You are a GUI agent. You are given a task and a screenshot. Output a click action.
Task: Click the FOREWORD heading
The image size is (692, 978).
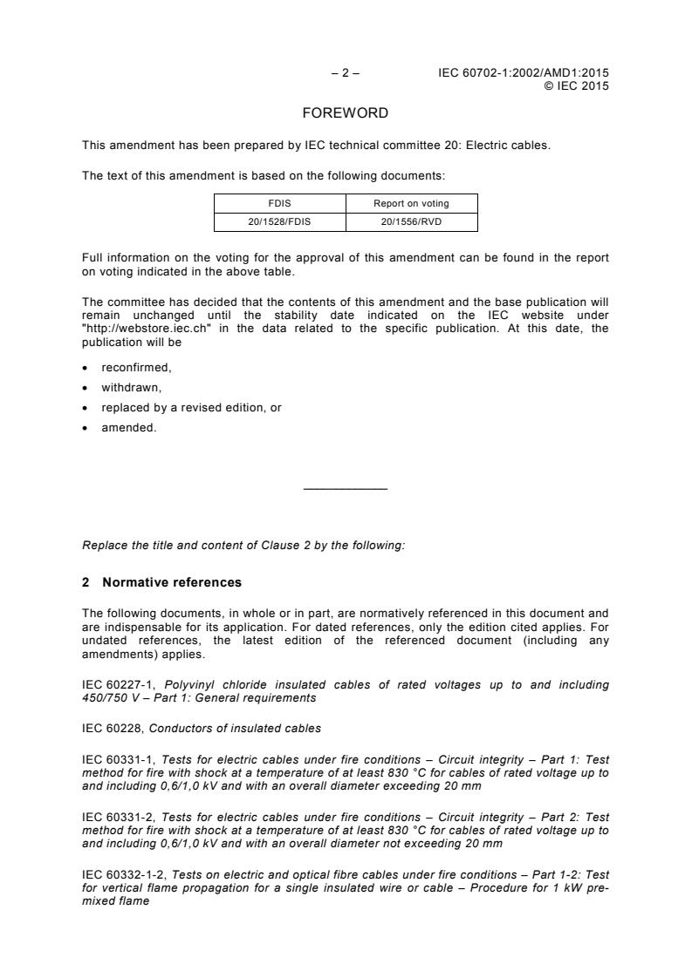(x=346, y=113)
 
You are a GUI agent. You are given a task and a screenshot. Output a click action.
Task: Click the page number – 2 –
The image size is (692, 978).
(x=346, y=73)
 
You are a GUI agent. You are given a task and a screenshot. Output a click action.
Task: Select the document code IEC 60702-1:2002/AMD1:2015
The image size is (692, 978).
(x=524, y=73)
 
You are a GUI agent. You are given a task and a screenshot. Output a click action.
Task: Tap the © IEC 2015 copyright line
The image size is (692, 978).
(x=576, y=85)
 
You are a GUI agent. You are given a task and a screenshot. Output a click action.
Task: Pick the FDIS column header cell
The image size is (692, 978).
(x=279, y=203)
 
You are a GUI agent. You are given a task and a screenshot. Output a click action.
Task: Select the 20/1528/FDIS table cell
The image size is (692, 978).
(x=279, y=222)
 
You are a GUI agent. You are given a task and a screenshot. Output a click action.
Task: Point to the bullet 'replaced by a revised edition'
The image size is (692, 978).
(x=191, y=408)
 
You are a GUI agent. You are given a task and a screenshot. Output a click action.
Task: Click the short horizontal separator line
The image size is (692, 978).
(x=346, y=488)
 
